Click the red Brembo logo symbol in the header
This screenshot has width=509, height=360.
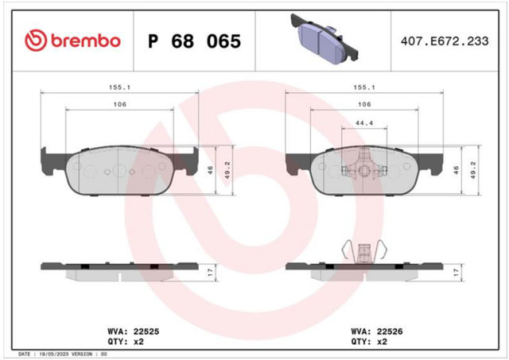[x=36, y=41]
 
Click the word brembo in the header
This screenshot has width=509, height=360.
[x=86, y=41]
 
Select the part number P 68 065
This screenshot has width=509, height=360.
[x=194, y=41]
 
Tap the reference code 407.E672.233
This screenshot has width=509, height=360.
[x=445, y=41]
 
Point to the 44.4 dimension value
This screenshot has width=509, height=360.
[x=364, y=123]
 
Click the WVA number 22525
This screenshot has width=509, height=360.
[x=146, y=331]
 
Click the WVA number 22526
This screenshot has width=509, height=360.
[x=390, y=331]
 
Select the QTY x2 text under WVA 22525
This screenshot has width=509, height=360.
[x=126, y=342]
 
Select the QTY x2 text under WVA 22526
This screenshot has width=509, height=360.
[x=369, y=342]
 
